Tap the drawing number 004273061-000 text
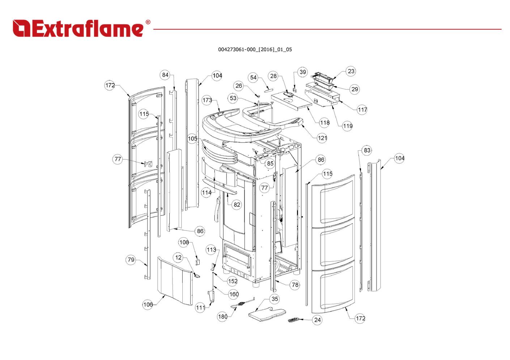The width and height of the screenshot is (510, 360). point(255,50)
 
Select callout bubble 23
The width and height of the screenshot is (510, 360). point(351,71)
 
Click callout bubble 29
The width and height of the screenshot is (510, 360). point(354,89)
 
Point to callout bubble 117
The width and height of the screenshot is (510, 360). point(362,110)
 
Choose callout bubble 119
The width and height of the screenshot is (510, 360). point(347,126)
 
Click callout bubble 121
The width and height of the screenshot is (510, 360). point(322,138)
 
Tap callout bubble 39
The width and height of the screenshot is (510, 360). point(303,72)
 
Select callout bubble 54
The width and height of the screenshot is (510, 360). point(253,77)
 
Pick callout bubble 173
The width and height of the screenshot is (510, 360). point(207,100)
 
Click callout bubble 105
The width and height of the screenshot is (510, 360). point(192,138)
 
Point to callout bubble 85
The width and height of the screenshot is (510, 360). point(270,163)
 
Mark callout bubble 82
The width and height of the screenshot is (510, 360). point(237,205)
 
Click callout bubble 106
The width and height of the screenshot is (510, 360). point(148,305)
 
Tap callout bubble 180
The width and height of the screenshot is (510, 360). point(222,317)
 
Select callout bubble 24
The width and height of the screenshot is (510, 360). point(317,320)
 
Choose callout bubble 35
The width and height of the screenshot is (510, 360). point(275,299)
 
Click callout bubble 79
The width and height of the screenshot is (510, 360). point(131,260)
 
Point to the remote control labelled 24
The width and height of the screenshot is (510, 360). point(294,320)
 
